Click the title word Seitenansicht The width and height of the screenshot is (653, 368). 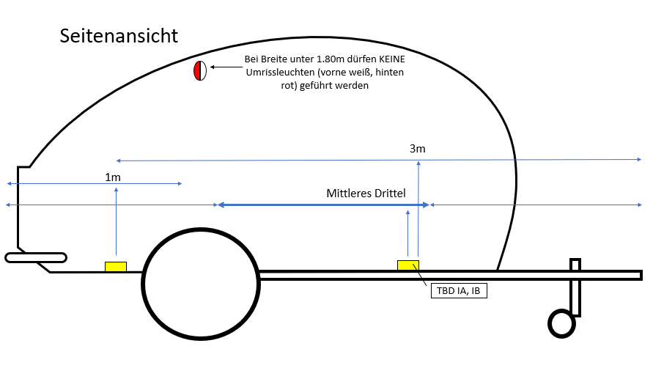pyautogui.click(x=119, y=36)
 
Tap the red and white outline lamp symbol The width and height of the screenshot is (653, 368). pyautogui.click(x=200, y=71)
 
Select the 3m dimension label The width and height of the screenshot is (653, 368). pyautogui.click(x=417, y=149)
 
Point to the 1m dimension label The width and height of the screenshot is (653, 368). pyautogui.click(x=113, y=177)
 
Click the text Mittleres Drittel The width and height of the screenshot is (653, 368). pyautogui.click(x=366, y=194)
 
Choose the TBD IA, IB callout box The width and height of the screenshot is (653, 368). pyautogui.click(x=459, y=291)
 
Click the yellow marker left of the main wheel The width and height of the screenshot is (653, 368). pyautogui.click(x=116, y=267)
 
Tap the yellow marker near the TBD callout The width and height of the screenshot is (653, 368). pyautogui.click(x=408, y=265)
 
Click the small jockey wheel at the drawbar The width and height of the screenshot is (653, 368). pyautogui.click(x=549, y=324)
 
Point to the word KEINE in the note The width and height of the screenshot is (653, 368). pyautogui.click(x=392, y=59)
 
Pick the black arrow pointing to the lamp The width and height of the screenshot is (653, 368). pyautogui.click(x=226, y=67)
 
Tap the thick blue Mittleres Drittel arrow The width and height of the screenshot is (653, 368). pyautogui.click(x=324, y=205)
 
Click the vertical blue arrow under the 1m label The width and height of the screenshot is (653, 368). pyautogui.click(x=117, y=221)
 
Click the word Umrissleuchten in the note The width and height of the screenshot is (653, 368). pyautogui.click(x=280, y=73)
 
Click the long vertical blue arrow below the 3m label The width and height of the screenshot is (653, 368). pyautogui.click(x=418, y=209)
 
